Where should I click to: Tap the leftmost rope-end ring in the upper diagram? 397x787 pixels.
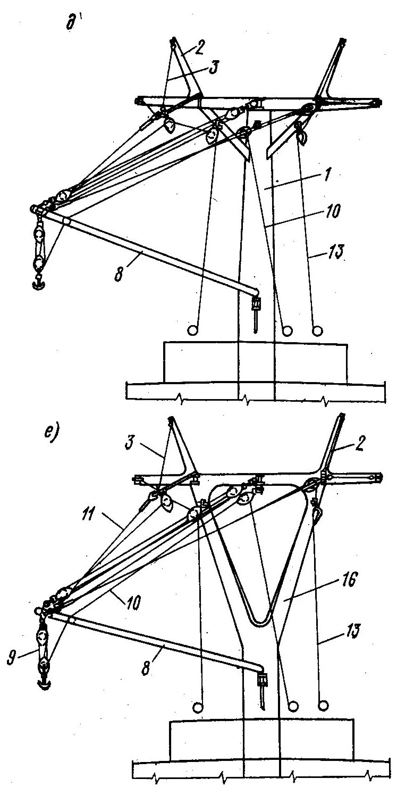tap(193, 330)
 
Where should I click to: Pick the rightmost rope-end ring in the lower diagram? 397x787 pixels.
tap(323, 706)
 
